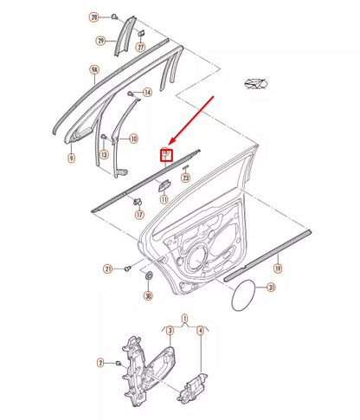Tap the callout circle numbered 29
pos(100,40)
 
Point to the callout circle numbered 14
pos(147,92)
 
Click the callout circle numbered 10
pos(133,139)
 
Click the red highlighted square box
pos(166,156)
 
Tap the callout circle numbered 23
pos(184,178)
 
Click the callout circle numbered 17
pos(138,215)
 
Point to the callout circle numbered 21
pos(108,269)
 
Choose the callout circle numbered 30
pos(147,296)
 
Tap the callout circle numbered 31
pos(271,288)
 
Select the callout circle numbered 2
pos(100,363)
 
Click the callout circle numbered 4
pos(200,330)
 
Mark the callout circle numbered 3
pos(170,330)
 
